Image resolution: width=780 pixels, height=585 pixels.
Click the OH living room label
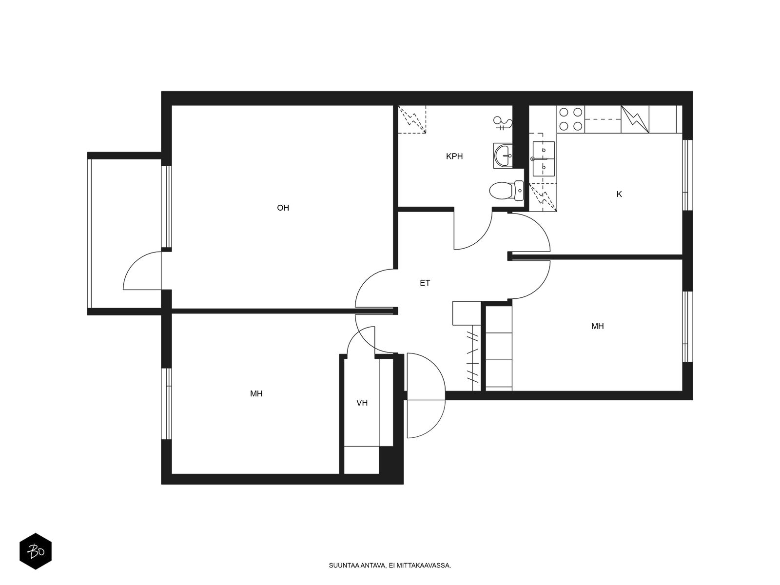pos(283,208)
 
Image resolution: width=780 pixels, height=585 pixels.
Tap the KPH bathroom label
pos(454,156)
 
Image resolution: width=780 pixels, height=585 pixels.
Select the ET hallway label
pos(425,283)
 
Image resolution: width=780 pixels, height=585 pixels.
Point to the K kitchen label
pos(619,195)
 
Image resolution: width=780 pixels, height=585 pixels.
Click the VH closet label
pos(362,403)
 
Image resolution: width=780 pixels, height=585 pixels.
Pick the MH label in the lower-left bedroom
pos(256,393)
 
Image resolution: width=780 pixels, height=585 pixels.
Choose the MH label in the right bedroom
pos(597,326)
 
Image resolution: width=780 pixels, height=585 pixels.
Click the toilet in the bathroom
pos(506,191)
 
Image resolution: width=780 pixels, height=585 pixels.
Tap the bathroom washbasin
pos(503,156)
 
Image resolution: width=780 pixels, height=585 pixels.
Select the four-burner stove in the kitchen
pos(571,119)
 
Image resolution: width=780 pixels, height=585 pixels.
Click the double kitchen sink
pos(544,159)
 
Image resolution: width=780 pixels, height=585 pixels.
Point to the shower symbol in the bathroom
pos(503,123)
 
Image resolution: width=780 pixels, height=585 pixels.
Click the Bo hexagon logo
pos(36,552)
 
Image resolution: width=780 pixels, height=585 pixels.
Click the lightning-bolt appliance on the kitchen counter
pos(635,119)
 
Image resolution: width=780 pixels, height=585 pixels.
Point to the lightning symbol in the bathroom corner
pos(412,119)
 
